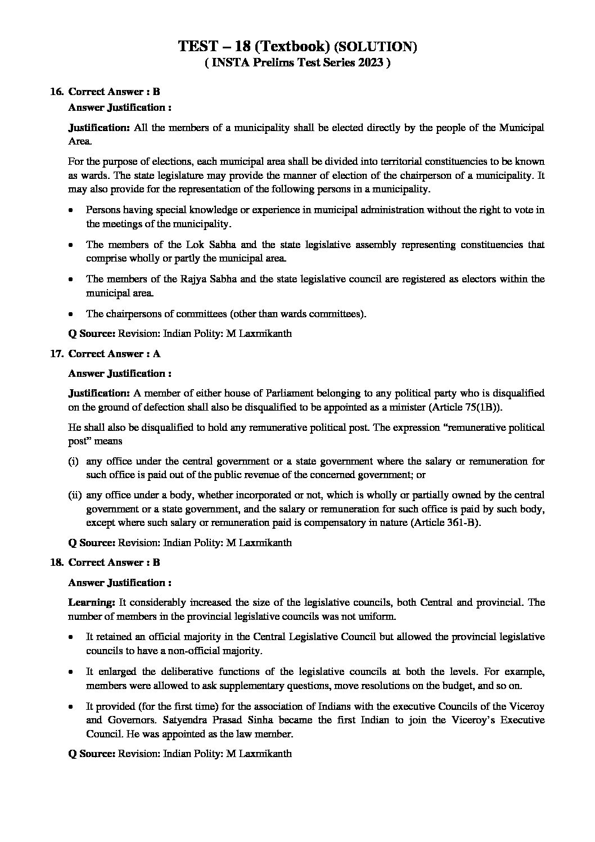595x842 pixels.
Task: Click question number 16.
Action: (56, 92)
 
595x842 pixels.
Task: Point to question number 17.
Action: (56, 354)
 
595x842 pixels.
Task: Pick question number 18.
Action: (56, 562)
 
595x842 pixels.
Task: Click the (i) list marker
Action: (73, 461)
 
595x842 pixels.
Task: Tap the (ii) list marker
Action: (75, 496)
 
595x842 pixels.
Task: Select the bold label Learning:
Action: (92, 602)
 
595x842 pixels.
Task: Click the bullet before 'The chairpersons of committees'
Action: (70, 314)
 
